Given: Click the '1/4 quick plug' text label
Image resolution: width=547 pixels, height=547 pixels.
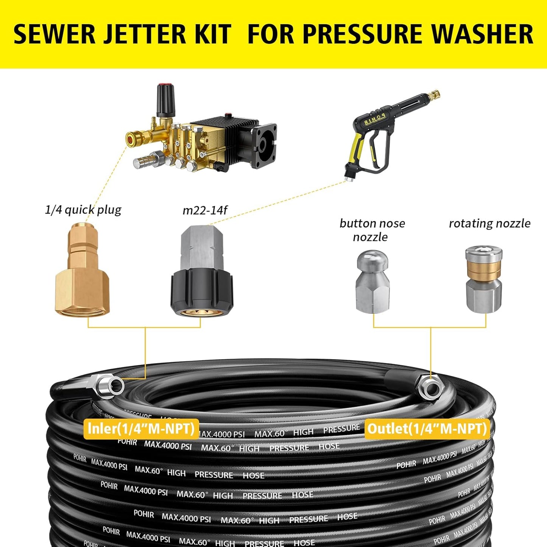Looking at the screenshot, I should (x=83, y=210).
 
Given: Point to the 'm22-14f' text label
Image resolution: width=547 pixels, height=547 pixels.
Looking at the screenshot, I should (x=205, y=210).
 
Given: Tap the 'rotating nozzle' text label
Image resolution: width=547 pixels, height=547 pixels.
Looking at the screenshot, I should (x=489, y=223).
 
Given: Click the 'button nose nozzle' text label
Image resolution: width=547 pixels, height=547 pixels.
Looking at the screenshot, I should (x=372, y=230).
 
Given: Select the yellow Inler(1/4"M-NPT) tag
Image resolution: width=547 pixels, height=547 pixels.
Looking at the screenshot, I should (x=141, y=429).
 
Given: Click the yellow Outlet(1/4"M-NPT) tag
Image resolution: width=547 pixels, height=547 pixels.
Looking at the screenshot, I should (x=427, y=429).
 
